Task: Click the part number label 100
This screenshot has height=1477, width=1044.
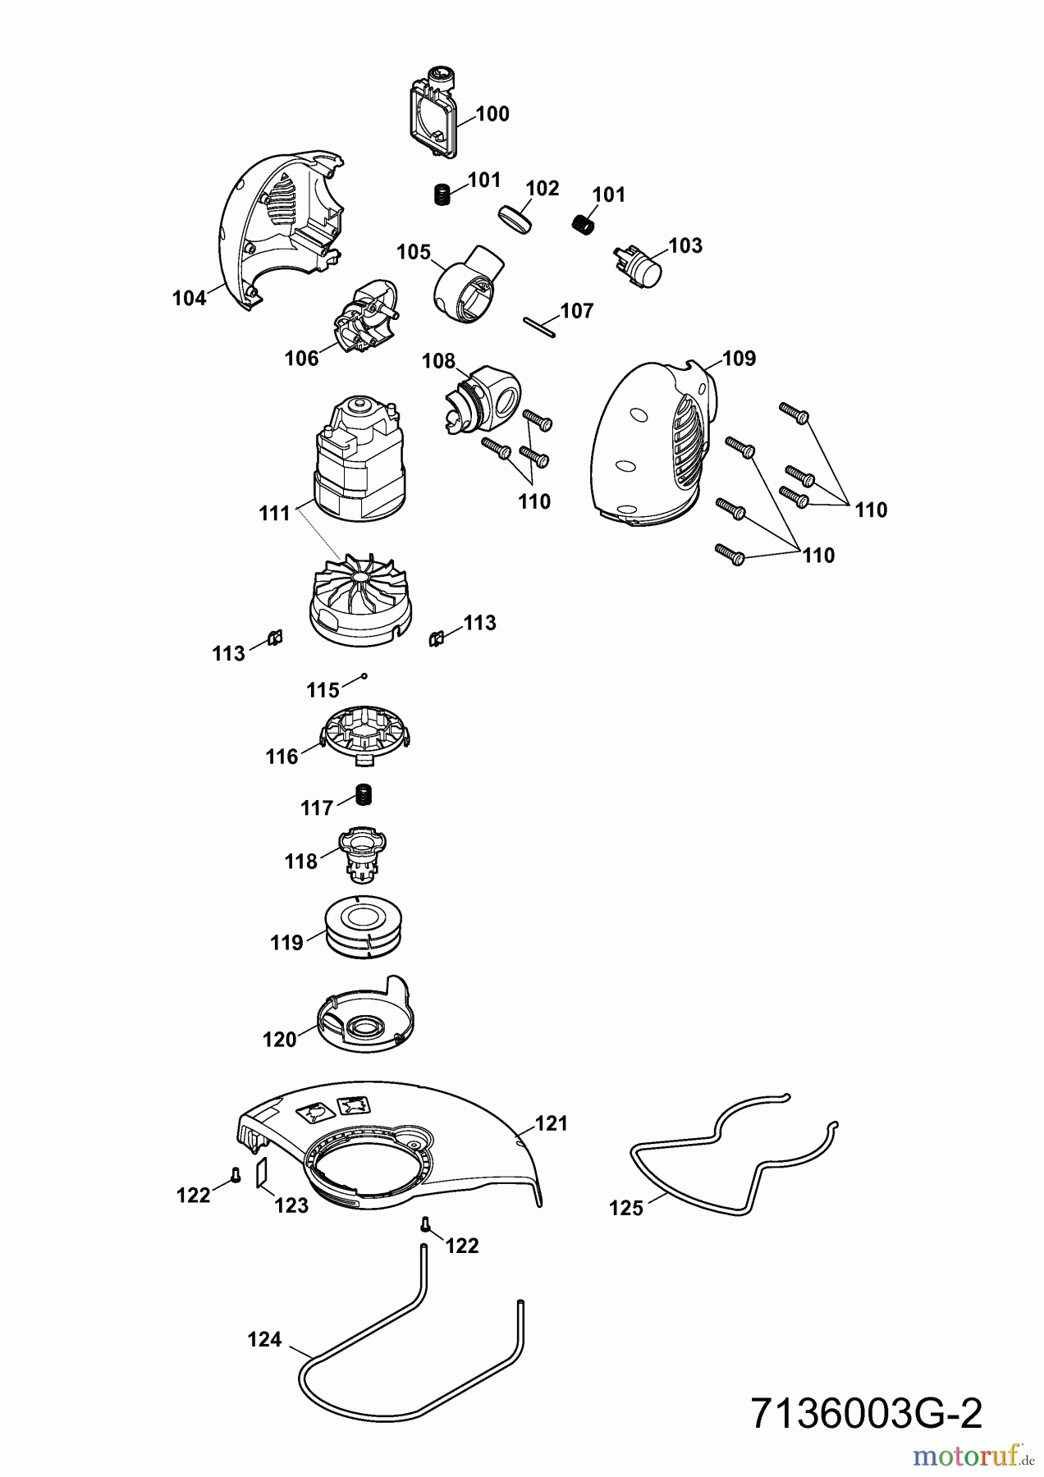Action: tap(492, 114)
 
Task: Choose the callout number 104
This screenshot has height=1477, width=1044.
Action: tap(189, 299)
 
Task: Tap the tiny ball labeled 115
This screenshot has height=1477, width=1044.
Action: tap(364, 676)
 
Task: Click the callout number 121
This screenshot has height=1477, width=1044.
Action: tap(552, 1123)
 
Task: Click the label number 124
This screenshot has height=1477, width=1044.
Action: tap(264, 1340)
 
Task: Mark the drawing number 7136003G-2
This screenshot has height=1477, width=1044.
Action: tap(866, 1415)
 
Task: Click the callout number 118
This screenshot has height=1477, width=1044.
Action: tap(301, 862)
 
